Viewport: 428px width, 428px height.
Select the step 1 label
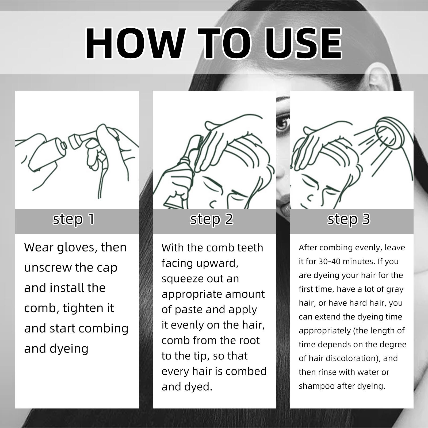click(74, 219)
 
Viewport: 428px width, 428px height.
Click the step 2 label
click(212, 219)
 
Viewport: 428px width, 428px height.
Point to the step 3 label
click(349, 219)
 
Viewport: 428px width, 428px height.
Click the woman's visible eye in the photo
click(283, 124)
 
